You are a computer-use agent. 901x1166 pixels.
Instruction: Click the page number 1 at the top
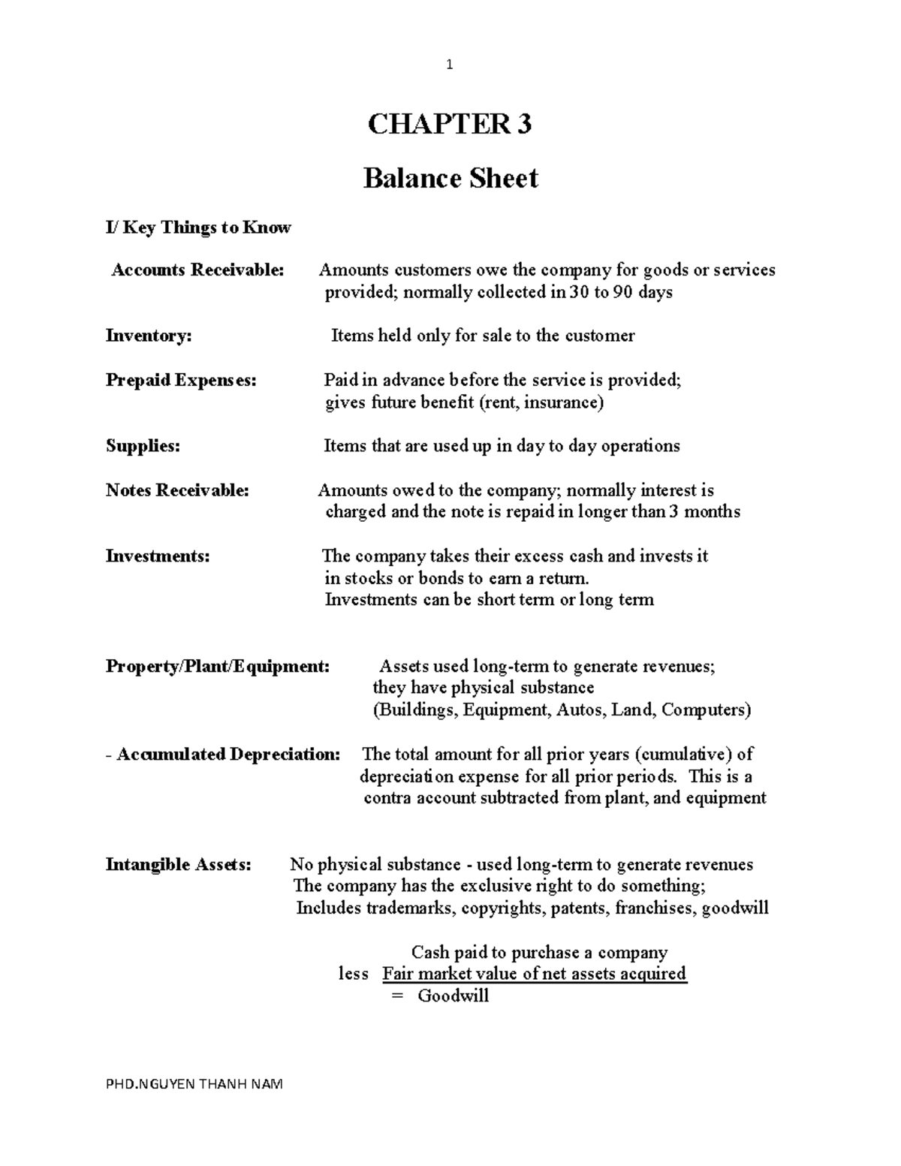[x=449, y=65]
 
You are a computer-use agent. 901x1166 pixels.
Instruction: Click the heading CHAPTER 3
[x=449, y=123]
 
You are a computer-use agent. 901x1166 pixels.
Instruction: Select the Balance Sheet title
[x=450, y=179]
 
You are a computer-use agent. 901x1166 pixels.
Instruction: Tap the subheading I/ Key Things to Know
[x=198, y=227]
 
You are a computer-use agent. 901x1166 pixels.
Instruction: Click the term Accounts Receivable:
[x=198, y=270]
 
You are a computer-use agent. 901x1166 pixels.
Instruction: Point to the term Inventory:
[x=149, y=336]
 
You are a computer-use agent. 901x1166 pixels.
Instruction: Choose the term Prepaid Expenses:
[x=181, y=380]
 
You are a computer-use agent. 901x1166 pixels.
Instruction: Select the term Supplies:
[x=143, y=446]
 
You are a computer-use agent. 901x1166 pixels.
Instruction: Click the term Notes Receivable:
[x=177, y=490]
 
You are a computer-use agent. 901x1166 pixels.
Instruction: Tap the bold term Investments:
[x=158, y=556]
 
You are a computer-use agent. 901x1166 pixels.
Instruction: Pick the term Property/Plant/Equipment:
[x=217, y=667]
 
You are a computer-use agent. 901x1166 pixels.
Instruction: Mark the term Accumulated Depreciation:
[x=228, y=755]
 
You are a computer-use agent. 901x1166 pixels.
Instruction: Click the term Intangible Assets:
[x=179, y=865]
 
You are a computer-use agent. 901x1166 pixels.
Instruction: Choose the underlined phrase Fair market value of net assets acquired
[x=535, y=974]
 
